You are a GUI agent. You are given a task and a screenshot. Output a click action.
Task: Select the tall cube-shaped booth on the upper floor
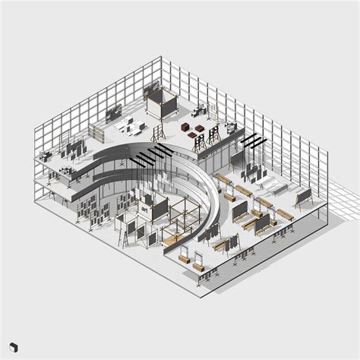click(x=161, y=104)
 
